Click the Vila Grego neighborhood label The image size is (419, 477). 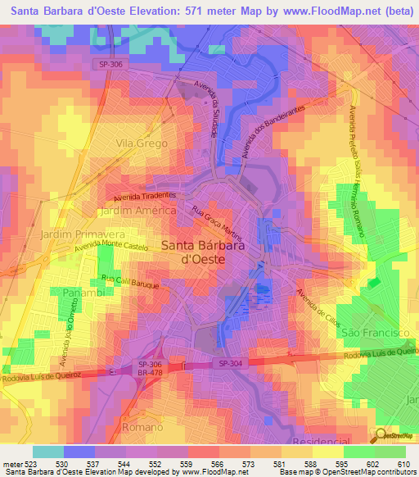tap(142, 143)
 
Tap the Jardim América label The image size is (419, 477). tap(137, 211)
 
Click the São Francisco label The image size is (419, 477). tap(374, 333)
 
